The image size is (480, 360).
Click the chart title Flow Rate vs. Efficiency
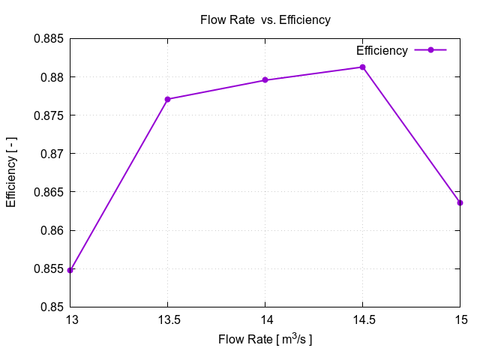265,20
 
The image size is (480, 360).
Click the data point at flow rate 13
70,270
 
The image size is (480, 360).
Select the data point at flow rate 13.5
167,99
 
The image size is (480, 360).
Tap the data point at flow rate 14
265,80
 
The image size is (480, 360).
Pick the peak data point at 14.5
362,67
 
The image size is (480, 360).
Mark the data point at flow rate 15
460,202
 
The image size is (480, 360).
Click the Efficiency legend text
382,51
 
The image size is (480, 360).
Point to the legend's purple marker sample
430,50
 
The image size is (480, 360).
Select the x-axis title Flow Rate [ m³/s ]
265,340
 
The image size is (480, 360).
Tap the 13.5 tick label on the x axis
167,320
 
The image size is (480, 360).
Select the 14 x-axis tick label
265,320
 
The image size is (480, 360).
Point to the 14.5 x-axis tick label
362,320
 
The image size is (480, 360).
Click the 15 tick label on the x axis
460,320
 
